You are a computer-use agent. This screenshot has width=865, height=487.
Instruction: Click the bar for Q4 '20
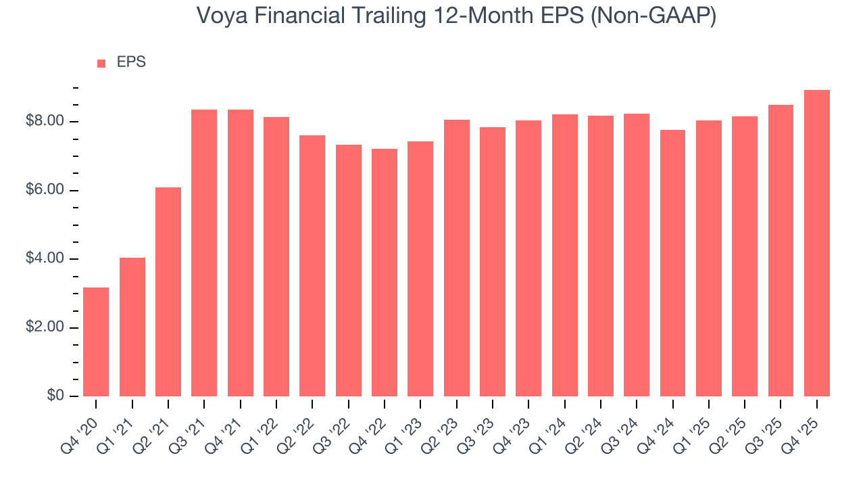96,342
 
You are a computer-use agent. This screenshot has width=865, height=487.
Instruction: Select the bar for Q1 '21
132,327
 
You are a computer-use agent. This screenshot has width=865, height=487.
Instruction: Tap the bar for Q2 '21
168,292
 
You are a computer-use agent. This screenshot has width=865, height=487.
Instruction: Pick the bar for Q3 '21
204,253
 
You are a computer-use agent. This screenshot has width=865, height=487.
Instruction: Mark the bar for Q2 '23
457,258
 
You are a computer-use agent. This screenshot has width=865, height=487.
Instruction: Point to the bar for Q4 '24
673,263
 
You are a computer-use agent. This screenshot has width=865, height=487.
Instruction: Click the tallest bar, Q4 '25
817,243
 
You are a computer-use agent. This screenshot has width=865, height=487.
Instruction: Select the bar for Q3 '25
781,250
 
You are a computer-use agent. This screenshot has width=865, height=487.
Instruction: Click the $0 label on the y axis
56,396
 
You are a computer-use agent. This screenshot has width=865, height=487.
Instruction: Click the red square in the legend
101,64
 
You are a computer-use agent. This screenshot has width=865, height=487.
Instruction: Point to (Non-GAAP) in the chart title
653,16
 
